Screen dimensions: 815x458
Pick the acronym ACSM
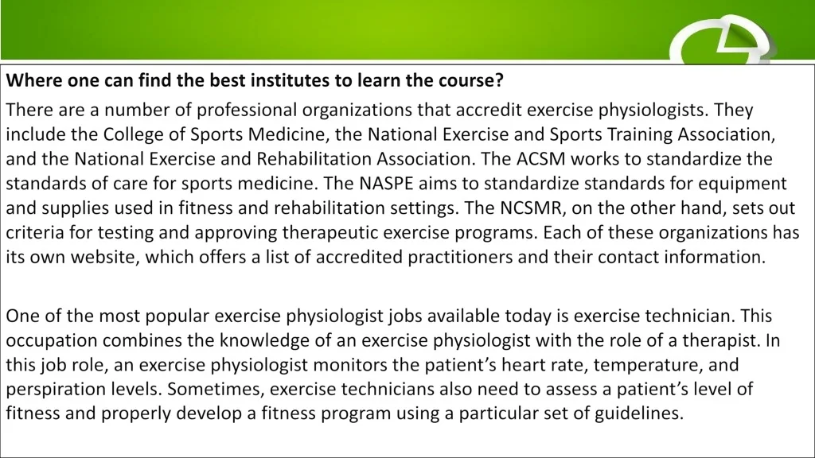[540, 159]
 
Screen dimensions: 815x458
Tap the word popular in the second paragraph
[177, 316]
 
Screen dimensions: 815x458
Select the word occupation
[52, 341]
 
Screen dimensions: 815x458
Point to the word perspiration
[57, 390]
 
